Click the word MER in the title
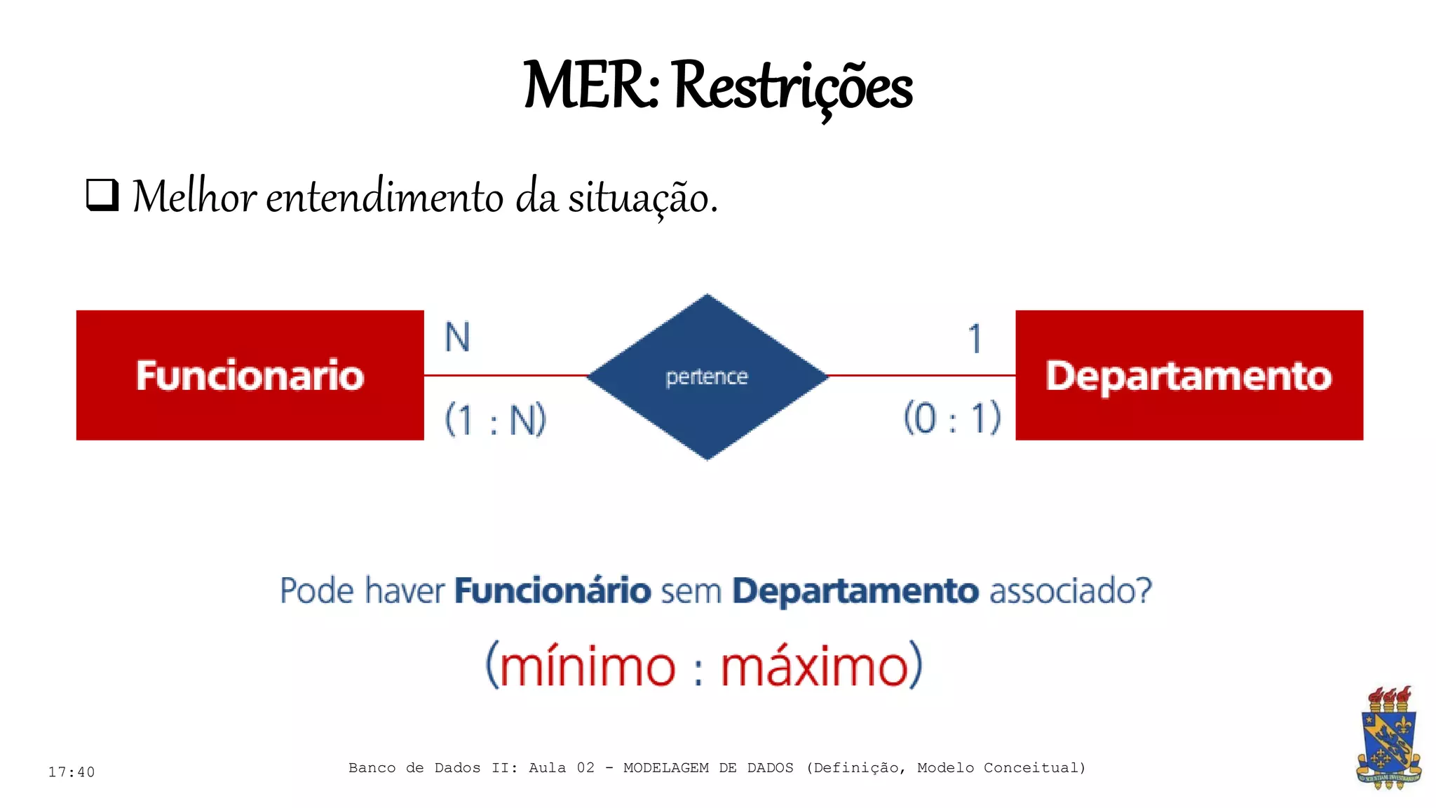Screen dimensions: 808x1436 [588, 86]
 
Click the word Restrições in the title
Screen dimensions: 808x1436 [792, 87]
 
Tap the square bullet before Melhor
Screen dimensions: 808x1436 [102, 195]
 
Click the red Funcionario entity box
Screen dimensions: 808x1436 [250, 375]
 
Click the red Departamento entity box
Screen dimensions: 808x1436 [1189, 375]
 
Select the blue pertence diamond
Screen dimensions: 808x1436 [707, 377]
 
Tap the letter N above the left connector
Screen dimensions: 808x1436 [457, 337]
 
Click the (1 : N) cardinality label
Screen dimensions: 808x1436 [495, 420]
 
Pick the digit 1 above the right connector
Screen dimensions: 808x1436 [975, 339]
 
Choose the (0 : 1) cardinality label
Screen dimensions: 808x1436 [951, 418]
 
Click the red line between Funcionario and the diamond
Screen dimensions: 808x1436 [505, 375]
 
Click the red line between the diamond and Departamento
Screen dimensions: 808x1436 [922, 375]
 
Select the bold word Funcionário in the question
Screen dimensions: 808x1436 [553, 591]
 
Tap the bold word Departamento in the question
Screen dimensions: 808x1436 [855, 591]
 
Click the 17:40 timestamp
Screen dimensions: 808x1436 [72, 772]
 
